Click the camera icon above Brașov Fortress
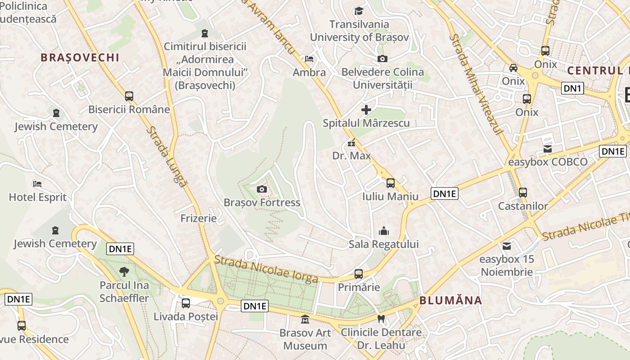pos(261,189)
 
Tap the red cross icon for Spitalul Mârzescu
pos(366,109)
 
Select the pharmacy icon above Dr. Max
pos(351,144)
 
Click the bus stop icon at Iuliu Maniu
pos(390,183)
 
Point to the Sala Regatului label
pos(384,244)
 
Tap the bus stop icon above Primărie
pos(359,274)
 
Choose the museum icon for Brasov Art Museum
pos(305,319)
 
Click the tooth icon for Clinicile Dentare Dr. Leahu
pos(381,319)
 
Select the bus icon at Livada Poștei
pos(185,303)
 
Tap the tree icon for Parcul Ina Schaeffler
pos(124,271)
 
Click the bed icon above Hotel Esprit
pos(37,184)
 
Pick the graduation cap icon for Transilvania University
pos(359,11)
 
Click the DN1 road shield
pos(572,88)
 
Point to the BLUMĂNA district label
pos(450,300)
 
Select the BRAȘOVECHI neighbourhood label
pos(80,58)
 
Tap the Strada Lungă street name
pos(166,156)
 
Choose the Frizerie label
pos(198,218)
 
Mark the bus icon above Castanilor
pos(522,193)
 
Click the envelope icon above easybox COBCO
pos(548,149)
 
